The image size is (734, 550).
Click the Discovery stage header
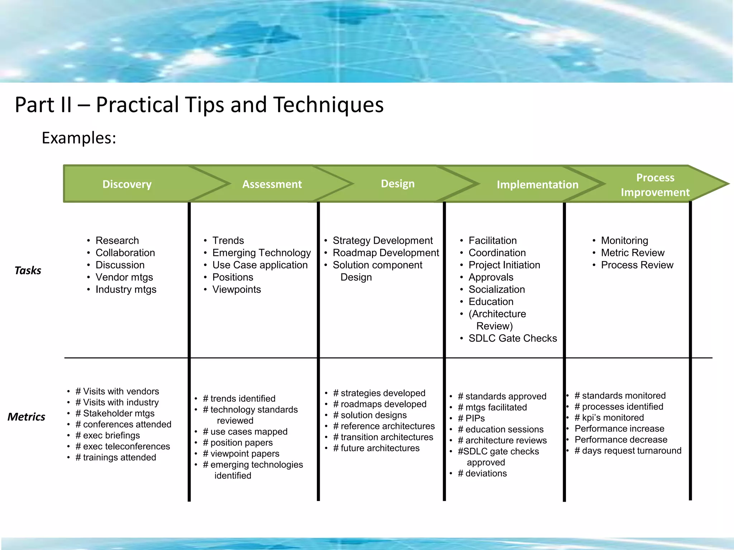127,184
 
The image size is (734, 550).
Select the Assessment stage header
272,184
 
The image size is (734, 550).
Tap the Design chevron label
397,184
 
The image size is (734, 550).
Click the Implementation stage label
537,184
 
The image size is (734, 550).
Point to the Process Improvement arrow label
655,185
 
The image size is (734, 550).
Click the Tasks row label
28,270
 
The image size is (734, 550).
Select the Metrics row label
27,417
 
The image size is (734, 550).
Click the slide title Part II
199,105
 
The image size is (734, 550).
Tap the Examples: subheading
79,138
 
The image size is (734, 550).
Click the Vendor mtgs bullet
124,277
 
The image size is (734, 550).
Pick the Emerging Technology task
261,253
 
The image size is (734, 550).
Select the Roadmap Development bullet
386,253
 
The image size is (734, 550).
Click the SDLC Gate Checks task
513,338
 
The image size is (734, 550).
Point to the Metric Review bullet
633,253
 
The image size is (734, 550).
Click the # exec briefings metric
108,435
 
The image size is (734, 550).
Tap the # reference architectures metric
383,426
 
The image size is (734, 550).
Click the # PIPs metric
471,418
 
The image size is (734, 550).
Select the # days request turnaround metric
628,450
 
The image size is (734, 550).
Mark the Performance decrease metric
621,439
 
